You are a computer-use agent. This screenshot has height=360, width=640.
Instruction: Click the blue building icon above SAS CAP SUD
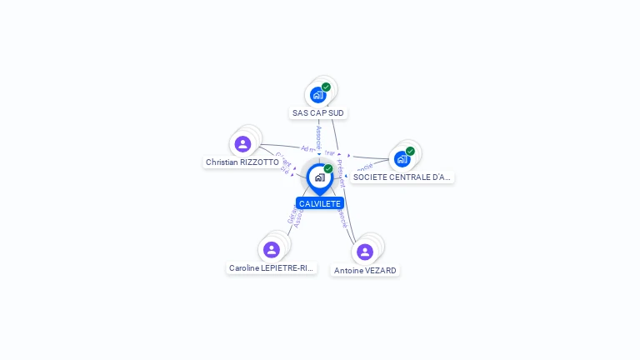click(317, 95)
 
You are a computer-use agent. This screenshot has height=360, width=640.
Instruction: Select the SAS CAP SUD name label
click(318, 112)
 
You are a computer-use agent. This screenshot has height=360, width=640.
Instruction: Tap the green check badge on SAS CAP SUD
click(326, 87)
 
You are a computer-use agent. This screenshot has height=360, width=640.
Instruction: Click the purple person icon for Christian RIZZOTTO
click(242, 144)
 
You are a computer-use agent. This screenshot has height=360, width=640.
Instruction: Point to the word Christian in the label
click(222, 162)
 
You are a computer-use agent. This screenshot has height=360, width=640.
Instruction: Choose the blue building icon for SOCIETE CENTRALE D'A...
click(402, 159)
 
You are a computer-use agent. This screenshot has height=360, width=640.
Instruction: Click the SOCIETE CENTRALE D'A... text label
click(402, 177)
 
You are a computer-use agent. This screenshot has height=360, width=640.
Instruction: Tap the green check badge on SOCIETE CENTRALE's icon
click(410, 152)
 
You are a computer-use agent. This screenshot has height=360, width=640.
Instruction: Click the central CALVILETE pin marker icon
click(319, 177)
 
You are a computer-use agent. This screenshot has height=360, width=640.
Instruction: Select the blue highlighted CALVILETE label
click(320, 203)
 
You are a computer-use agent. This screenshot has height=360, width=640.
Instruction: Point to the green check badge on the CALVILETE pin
click(328, 168)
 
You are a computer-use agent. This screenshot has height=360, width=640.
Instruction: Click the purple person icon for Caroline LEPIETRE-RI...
click(271, 249)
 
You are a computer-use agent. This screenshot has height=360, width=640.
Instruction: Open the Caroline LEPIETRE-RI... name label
click(272, 268)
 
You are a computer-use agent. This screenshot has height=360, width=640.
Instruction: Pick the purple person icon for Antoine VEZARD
click(364, 252)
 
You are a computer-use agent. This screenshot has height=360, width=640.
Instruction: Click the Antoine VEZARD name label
click(365, 271)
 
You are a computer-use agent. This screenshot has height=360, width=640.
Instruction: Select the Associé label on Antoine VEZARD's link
click(342, 218)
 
